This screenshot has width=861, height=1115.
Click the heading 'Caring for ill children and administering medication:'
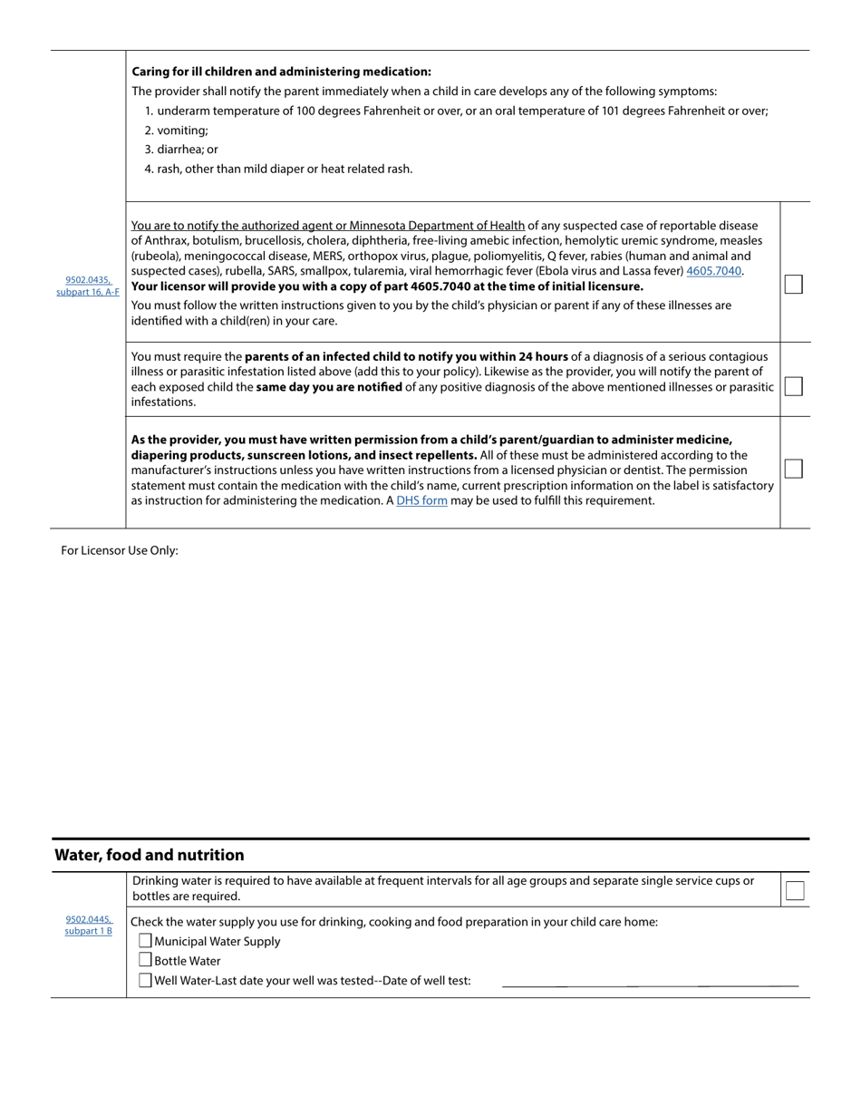tap(281, 72)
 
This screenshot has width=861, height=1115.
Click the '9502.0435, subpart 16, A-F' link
tap(88, 286)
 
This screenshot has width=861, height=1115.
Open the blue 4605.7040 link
tap(714, 271)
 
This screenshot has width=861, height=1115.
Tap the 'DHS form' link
tap(421, 500)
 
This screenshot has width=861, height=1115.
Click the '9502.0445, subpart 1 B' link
tap(88, 925)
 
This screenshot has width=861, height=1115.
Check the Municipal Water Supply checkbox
tap(145, 941)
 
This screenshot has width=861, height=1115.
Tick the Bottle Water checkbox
tap(145, 960)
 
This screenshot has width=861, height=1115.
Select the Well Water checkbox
tap(145, 980)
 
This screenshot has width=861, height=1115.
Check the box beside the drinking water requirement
tap(794, 890)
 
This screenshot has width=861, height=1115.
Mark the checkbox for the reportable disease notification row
tap(793, 284)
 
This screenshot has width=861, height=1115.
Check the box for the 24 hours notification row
tap(793, 386)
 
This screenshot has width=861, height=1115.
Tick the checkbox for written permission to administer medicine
tap(793, 469)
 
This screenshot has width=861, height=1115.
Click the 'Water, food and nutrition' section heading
tap(150, 855)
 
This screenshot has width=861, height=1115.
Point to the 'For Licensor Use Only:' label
tap(120, 550)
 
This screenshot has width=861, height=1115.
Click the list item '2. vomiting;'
tap(176, 131)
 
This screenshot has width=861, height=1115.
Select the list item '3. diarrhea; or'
tap(181, 150)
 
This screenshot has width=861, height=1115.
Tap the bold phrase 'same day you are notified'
tap(329, 387)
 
